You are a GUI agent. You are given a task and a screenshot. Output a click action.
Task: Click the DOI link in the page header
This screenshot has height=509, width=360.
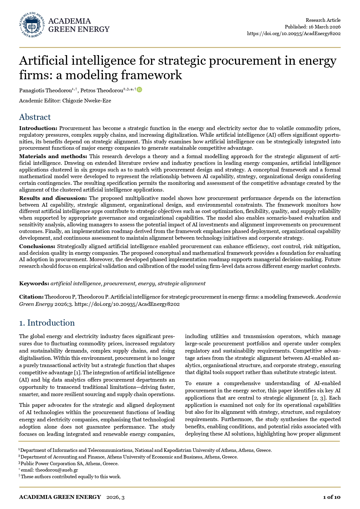294,33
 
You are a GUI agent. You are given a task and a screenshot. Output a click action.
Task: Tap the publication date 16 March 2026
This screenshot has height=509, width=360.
324,27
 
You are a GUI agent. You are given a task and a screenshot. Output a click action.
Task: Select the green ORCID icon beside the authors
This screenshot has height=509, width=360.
140,90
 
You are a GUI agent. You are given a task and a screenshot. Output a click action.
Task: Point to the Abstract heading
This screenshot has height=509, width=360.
35,117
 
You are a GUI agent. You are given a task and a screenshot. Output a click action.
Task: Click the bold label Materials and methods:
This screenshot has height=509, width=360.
53,156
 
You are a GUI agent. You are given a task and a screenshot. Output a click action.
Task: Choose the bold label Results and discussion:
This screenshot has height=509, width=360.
53,198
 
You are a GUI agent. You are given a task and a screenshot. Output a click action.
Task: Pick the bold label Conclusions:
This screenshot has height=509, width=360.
37,246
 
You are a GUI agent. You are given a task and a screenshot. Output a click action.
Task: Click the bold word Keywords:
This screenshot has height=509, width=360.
34,284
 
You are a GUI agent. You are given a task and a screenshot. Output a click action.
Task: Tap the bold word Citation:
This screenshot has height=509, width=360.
31,297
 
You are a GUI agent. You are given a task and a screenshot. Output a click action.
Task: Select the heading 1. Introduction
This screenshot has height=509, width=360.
47,323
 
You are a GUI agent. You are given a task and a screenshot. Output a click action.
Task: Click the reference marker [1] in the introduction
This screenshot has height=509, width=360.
77,373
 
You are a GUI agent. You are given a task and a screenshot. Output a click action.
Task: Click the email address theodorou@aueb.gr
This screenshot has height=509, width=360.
57,470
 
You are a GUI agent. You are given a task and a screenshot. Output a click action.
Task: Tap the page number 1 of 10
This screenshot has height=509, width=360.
332,497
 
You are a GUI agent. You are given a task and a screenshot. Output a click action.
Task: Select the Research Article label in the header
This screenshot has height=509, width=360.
323,20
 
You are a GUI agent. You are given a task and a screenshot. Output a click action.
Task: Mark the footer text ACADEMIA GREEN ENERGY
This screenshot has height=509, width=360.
60,497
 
